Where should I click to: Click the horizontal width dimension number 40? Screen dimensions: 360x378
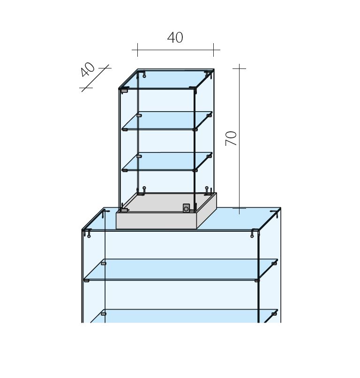(x=175, y=38)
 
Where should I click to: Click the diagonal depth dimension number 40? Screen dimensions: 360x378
(x=88, y=69)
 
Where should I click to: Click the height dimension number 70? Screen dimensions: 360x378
(x=231, y=138)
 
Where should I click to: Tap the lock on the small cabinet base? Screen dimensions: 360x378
(x=186, y=208)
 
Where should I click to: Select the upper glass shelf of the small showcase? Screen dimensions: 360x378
(x=167, y=121)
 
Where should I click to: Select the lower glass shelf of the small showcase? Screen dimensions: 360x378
(x=167, y=161)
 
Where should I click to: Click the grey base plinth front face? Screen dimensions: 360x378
(x=157, y=220)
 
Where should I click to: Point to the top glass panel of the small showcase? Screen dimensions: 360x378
(x=166, y=79)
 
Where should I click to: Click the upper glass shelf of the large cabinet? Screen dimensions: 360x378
(x=181, y=270)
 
